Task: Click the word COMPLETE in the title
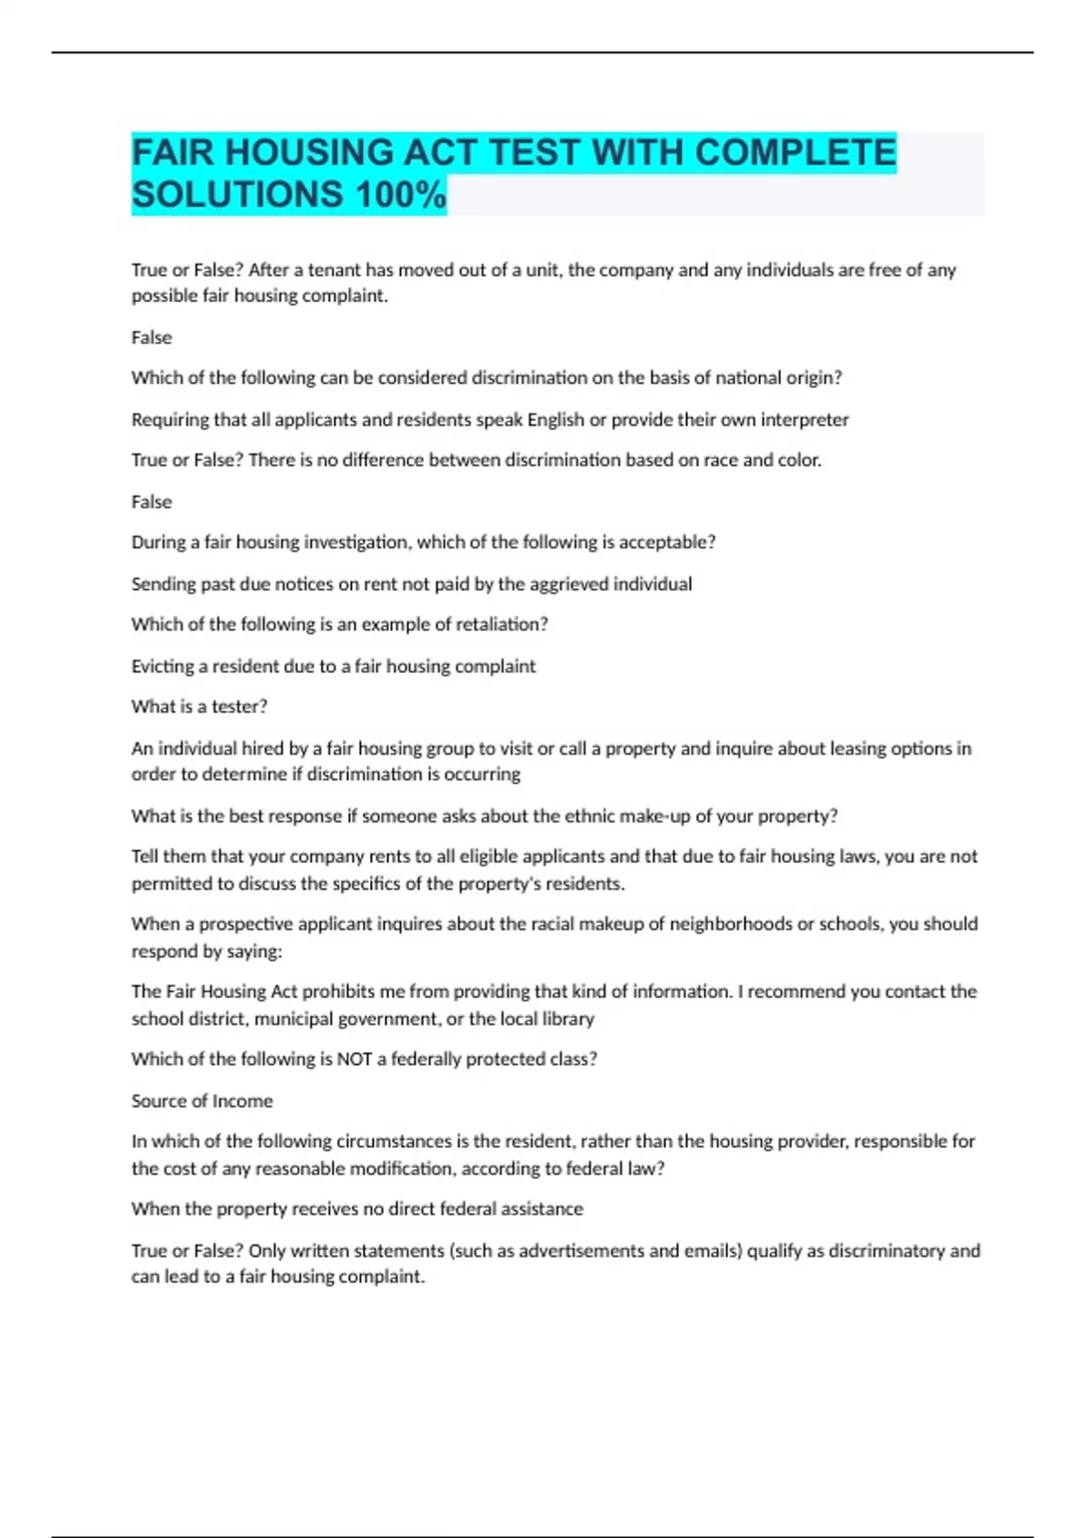coord(795,153)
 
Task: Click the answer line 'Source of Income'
coord(202,1101)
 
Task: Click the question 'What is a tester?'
coord(199,707)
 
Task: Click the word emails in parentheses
coord(712,1251)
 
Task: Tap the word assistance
coord(543,1210)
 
